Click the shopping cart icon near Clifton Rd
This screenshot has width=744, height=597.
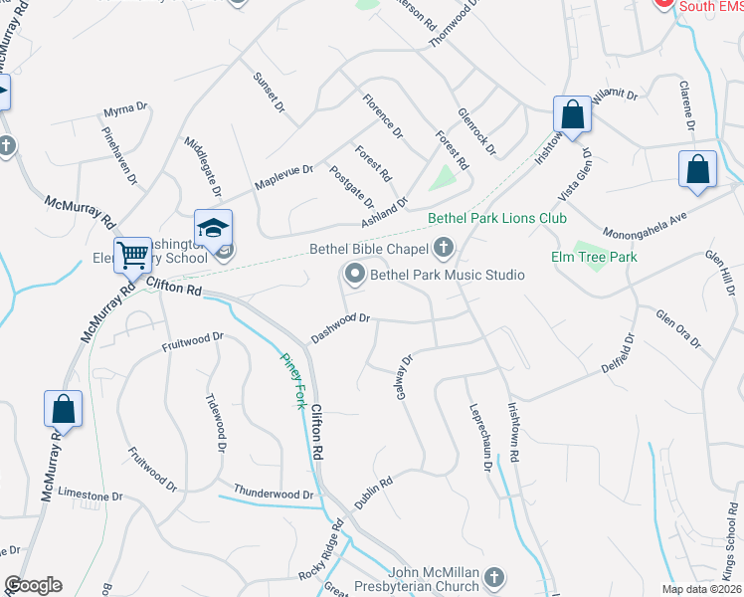tap(132, 255)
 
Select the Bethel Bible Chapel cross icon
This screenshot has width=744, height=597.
tap(444, 248)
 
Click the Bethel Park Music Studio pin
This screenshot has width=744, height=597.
tap(354, 273)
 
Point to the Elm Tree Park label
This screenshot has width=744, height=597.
tap(594, 257)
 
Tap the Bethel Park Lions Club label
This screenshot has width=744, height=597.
tap(496, 218)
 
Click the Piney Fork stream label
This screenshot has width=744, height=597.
tap(292, 382)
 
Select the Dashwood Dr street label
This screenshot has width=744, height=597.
tap(340, 325)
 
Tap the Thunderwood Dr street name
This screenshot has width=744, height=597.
tap(274, 494)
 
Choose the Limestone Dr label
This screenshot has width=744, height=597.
tap(90, 495)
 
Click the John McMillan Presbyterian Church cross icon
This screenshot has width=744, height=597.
tap(494, 576)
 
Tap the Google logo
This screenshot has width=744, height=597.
tap(33, 585)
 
